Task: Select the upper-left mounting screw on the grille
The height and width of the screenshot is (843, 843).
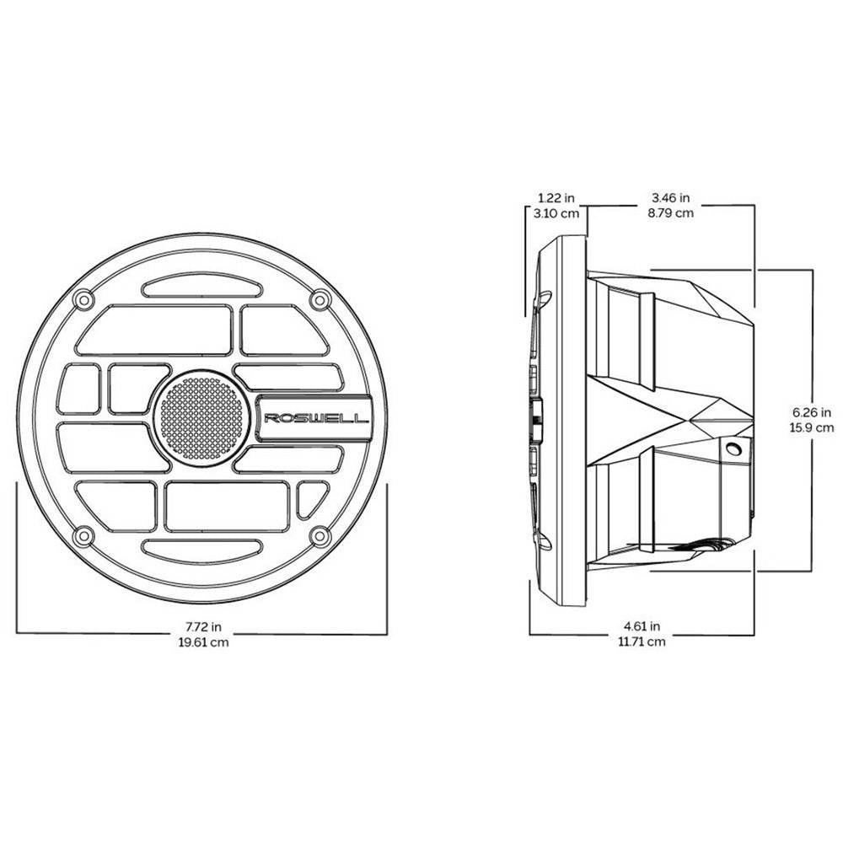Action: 82,299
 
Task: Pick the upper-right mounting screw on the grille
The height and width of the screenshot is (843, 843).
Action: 319,299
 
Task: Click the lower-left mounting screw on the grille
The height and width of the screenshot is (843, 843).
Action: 82,536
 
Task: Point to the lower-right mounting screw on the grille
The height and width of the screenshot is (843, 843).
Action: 319,536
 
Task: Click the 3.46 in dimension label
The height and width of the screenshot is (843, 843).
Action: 671,199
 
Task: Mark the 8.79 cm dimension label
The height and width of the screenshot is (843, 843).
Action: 671,213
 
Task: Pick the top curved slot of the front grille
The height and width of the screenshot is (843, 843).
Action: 201,288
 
